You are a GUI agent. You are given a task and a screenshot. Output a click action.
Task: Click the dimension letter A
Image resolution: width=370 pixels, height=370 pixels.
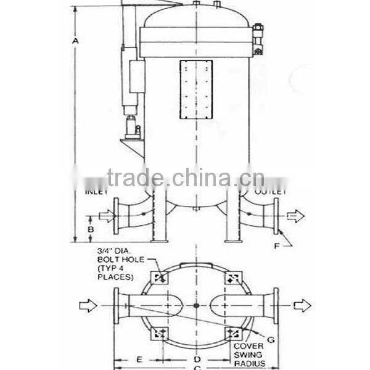click(x=75, y=41)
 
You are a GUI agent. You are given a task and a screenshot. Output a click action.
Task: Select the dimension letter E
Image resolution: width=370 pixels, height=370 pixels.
click(x=139, y=358)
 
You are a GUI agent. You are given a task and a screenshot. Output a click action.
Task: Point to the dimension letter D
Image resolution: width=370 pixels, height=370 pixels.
click(x=196, y=358)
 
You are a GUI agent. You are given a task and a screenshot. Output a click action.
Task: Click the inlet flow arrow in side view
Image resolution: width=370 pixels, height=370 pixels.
click(x=107, y=216)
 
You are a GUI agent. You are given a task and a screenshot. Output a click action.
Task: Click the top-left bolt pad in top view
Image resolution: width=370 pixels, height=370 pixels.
click(x=160, y=277)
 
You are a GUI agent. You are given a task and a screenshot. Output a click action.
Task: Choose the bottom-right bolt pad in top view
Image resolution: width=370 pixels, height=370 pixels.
click(x=233, y=333)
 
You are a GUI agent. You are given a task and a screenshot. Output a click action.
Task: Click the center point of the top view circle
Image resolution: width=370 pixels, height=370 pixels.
click(x=196, y=305)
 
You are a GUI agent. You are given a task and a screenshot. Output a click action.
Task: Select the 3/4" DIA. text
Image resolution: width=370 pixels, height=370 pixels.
click(x=115, y=251)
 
